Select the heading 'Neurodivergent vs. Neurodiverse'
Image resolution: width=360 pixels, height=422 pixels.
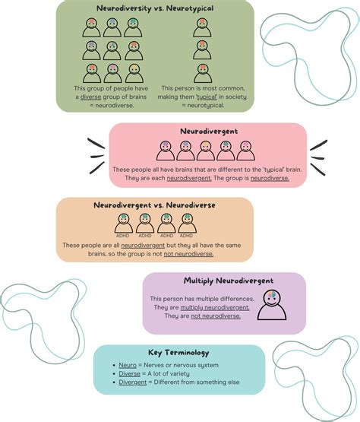pyautogui.click(x=155, y=205)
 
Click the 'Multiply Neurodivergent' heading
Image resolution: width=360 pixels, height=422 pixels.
pyautogui.click(x=223, y=282)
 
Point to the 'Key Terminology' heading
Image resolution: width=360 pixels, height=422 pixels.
pyautogui.click(x=179, y=353)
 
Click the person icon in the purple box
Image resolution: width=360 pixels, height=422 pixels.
pyautogui.click(x=272, y=306)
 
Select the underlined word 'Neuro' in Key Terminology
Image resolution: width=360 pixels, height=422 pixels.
pyautogui.click(x=128, y=365)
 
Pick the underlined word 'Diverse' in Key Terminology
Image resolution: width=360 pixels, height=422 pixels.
pyautogui.click(x=130, y=374)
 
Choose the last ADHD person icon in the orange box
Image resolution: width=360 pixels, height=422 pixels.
pyautogui.click(x=186, y=224)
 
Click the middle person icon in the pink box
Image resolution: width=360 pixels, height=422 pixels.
pyautogui.click(x=206, y=150)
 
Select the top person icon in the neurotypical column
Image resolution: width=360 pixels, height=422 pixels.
pyautogui.click(x=201, y=28)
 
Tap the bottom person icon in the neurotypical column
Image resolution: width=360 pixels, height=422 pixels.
pyautogui.click(x=201, y=73)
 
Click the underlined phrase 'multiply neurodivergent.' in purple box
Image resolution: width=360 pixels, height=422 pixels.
pyautogui.click(x=223, y=307)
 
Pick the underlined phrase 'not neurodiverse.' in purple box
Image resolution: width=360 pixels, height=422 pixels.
pyautogui.click(x=216, y=316)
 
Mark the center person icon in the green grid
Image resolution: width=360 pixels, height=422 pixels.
pyautogui.click(x=112, y=51)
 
